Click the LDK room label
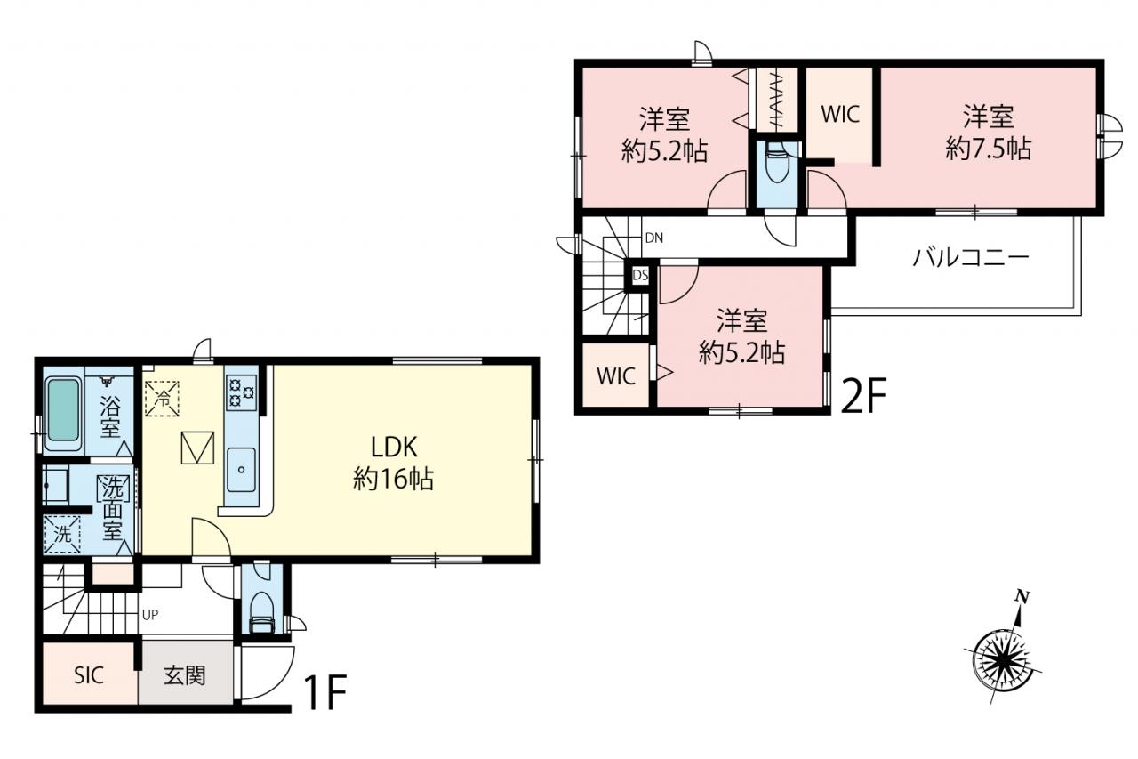tap(394, 448)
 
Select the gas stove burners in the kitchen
tap(241, 392)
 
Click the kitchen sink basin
tap(241, 470)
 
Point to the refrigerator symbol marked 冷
tap(162, 399)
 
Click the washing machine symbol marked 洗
tap(62, 534)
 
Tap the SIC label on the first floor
tap(89, 675)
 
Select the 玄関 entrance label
tap(184, 675)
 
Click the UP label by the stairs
tap(150, 615)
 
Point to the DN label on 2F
tap(654, 238)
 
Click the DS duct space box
tap(640, 275)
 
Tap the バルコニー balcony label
tap(970, 258)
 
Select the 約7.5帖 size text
tap(988, 149)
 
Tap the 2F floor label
tap(863, 396)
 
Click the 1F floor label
tap(325, 692)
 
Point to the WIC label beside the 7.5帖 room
tap(840, 115)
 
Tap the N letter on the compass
tap(1022, 597)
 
